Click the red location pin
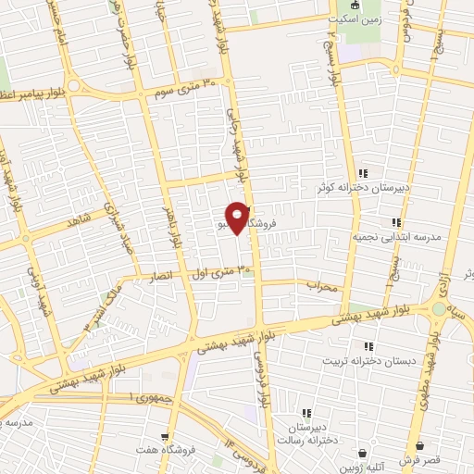(237, 218)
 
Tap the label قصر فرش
(419, 460)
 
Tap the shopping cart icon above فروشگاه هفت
(164, 437)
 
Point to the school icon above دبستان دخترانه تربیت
(343, 345)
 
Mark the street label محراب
(325, 285)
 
